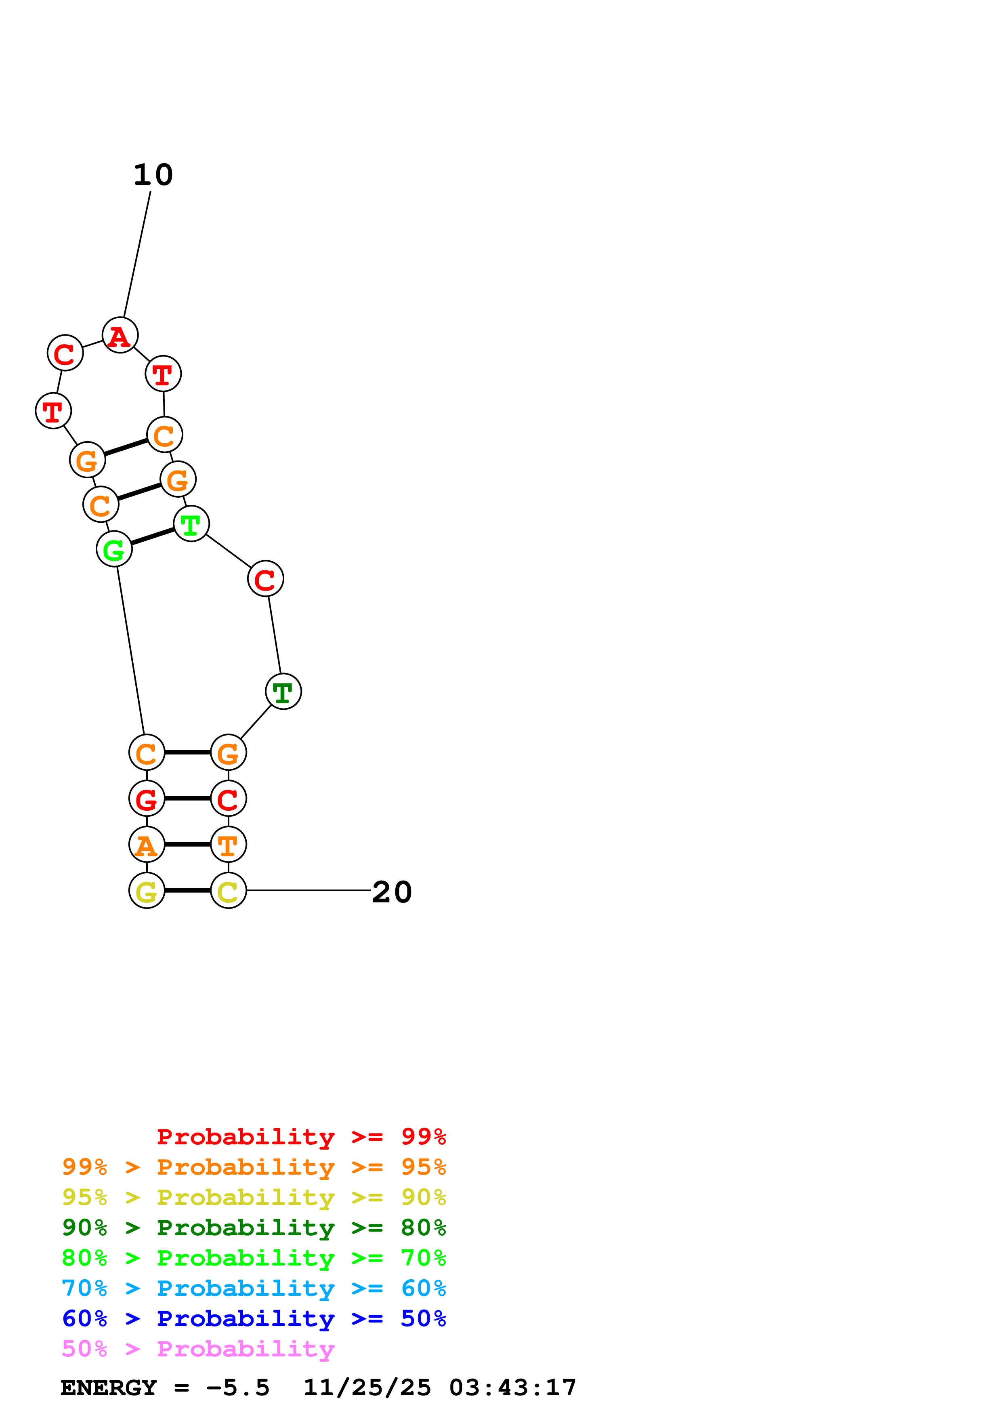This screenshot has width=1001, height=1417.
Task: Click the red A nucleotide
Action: pos(120,336)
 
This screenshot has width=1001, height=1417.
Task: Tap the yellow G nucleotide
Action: pos(147,891)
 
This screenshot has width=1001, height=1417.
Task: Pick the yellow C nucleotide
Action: pos(228,891)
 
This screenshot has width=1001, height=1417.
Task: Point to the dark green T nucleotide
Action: pos(283,692)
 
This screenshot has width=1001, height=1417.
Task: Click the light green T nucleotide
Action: pos(191,524)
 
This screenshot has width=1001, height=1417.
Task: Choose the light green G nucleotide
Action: pos(114,549)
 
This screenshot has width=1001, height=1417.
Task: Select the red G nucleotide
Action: pos(147,799)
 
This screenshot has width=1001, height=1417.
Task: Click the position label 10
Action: pos(153,175)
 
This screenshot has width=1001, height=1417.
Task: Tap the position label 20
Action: pos(392,892)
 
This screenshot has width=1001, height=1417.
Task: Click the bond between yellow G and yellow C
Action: pos(187,891)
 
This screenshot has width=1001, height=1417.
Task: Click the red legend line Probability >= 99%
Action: pos(301,1137)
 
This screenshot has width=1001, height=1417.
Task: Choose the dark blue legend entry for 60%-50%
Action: pos(254,1319)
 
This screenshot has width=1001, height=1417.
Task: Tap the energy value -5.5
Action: pos(237,1388)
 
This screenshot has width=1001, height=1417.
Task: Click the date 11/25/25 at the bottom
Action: pos(367,1388)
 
